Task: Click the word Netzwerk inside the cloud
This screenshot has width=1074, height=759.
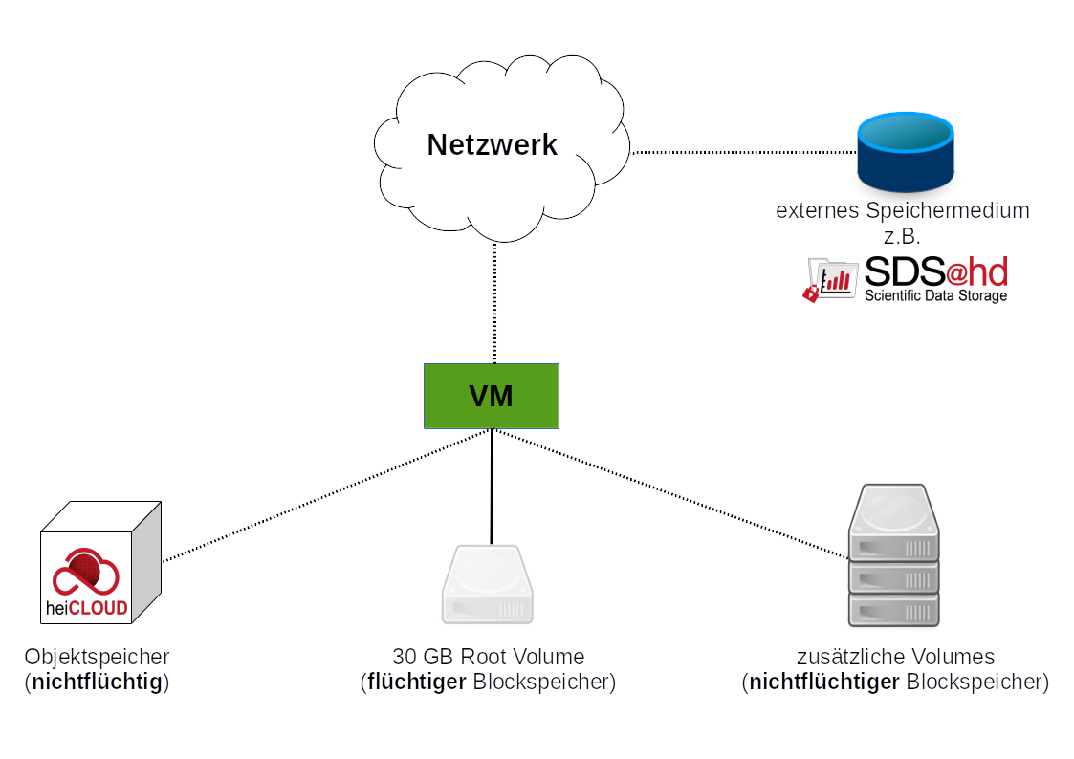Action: [x=492, y=144]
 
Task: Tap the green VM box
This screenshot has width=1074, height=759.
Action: [x=492, y=396]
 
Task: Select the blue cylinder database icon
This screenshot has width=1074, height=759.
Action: [x=905, y=152]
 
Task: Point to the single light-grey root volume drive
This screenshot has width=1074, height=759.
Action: [x=487, y=584]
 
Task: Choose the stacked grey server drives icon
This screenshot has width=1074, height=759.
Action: [x=894, y=555]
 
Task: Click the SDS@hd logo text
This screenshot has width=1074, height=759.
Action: [x=935, y=272]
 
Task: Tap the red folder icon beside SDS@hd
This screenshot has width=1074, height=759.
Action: [x=829, y=280]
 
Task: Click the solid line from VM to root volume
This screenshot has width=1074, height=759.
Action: [x=492, y=488]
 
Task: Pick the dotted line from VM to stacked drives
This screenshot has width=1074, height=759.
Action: [x=669, y=493]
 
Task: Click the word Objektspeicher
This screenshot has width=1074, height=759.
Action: [x=98, y=657]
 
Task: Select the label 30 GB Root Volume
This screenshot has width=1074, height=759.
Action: [x=488, y=657]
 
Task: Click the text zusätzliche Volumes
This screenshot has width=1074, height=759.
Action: [x=895, y=657]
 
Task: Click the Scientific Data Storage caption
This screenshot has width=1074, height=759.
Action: [x=935, y=296]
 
